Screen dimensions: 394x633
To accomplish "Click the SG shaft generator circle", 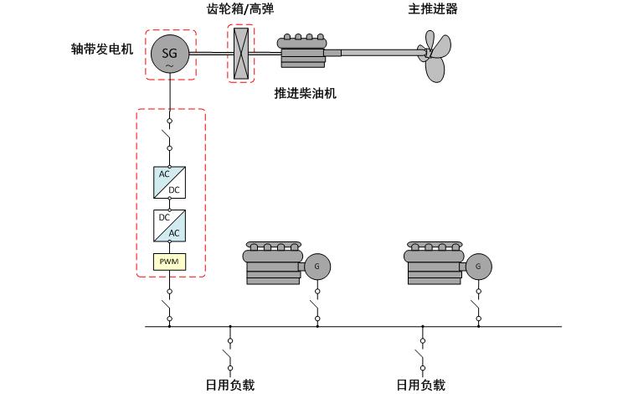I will [170, 54].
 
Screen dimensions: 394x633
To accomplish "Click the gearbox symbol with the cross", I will [241, 54].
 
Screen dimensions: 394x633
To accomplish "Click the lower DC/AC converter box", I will [170, 225].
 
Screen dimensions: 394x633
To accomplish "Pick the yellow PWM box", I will [170, 262].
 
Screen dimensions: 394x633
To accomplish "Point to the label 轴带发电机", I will [102, 49].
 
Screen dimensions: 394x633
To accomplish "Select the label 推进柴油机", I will [305, 92].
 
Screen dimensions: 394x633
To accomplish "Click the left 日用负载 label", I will [229, 385].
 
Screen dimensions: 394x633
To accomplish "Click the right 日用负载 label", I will [421, 385].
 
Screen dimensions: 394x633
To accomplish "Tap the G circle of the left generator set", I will [316, 267].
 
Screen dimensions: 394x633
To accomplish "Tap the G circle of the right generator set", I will [478, 267].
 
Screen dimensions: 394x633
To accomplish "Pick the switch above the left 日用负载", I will [229, 353].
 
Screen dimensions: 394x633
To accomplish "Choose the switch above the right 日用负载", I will [422, 353].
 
